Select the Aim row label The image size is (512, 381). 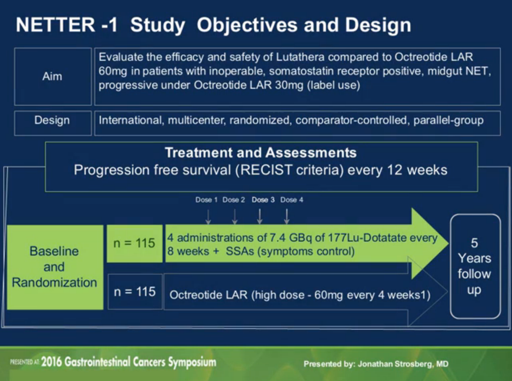click(x=53, y=76)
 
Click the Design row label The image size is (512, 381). click(x=52, y=120)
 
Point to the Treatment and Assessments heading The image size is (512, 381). click(x=261, y=152)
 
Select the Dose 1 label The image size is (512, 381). click(x=206, y=200)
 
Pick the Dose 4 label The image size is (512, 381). click(x=291, y=200)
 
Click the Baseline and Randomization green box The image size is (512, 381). click(x=54, y=267)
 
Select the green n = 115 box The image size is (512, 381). click(x=134, y=243)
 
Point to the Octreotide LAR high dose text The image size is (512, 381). click(x=300, y=296)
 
